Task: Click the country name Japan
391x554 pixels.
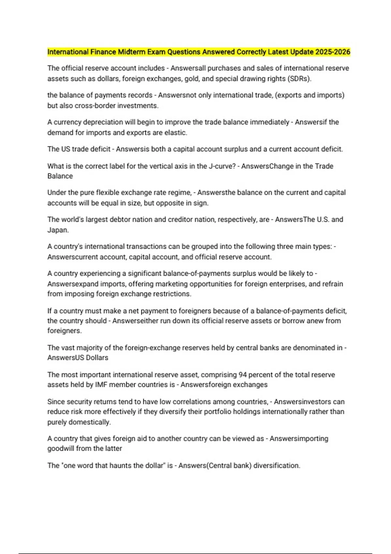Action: coord(57,230)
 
